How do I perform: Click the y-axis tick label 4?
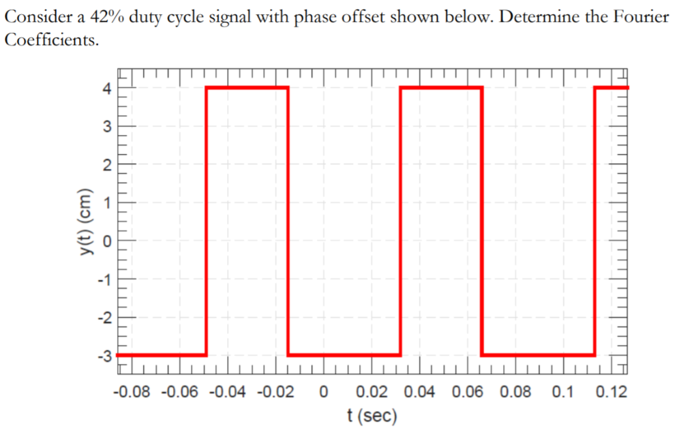106,88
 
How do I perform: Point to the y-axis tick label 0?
106,241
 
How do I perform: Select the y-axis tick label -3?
104,355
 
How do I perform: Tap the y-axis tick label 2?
106,164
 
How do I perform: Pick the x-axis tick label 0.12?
611,393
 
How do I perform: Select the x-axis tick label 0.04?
420,393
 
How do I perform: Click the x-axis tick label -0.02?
275,393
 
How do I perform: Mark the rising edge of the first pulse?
207,221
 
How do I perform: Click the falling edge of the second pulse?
482,221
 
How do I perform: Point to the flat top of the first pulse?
247,87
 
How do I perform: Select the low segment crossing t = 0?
344,355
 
